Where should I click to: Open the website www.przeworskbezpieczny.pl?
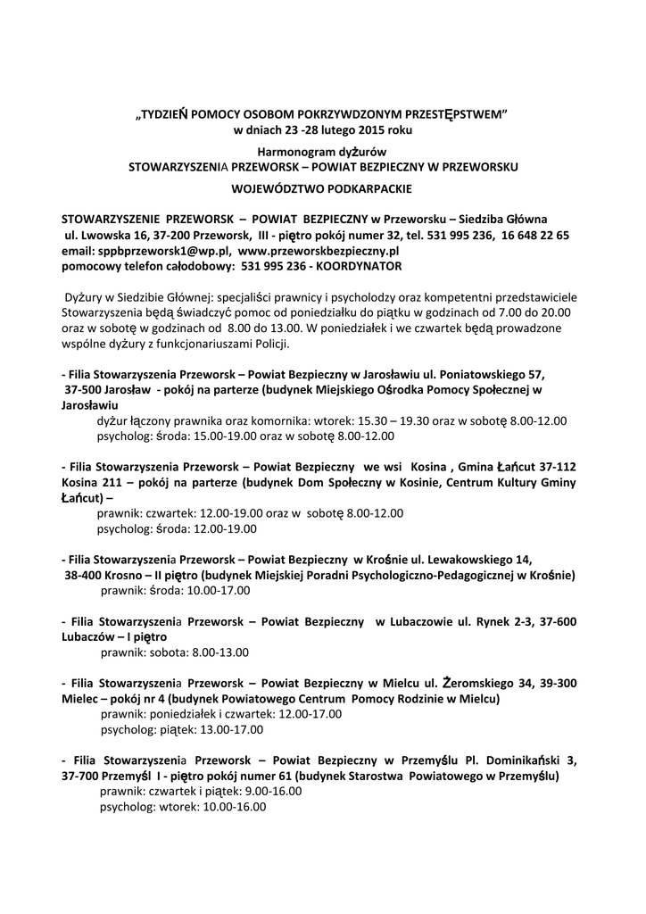tap(319, 251)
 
